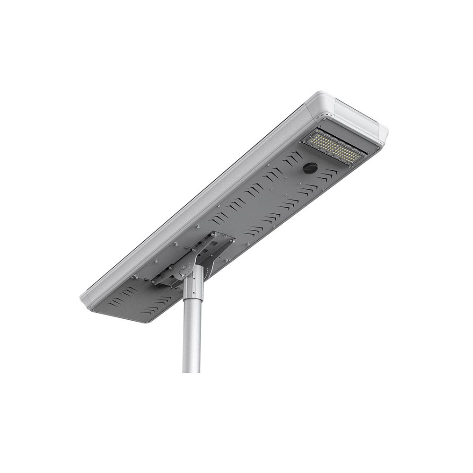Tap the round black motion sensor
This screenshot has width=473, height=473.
click(310, 168)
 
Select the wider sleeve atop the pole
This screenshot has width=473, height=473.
click(193, 282)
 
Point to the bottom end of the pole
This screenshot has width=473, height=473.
click(191, 369)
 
